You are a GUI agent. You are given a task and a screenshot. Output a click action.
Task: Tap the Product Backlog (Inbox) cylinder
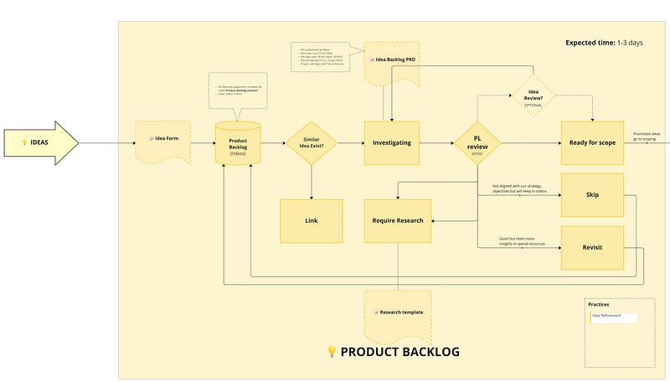(238, 143)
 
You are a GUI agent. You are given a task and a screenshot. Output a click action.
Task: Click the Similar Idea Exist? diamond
(311, 143)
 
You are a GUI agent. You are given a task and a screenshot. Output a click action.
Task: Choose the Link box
(311, 220)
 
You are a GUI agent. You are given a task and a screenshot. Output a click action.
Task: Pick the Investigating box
(391, 143)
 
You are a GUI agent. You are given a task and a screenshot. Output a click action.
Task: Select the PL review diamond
(477, 142)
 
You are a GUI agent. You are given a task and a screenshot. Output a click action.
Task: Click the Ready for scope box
(592, 143)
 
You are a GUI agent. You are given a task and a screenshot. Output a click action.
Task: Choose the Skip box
(592, 194)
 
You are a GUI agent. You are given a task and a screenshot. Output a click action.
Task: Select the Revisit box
(592, 247)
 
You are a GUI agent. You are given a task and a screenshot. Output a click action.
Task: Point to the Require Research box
(398, 220)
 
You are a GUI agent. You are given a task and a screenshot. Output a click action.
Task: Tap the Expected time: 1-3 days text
(605, 43)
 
